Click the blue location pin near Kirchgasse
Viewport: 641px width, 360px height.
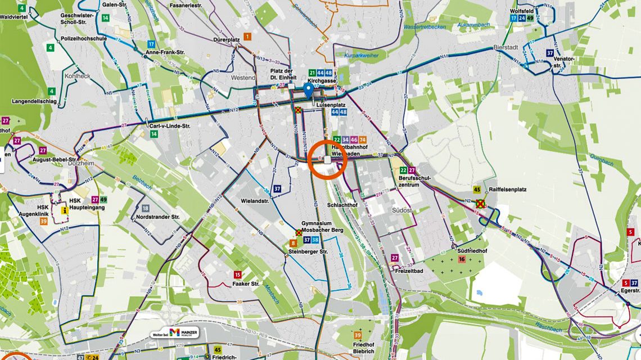point(308,89)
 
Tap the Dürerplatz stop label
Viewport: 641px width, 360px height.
point(227,40)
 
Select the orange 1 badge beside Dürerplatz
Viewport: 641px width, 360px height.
point(247,37)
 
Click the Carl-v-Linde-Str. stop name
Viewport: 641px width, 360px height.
point(170,126)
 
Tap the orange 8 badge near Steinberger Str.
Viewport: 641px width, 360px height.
point(294,243)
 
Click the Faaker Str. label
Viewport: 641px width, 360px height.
point(246,284)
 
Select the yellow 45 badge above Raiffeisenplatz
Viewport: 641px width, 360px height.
point(477,190)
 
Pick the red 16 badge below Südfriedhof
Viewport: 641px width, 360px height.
point(461,259)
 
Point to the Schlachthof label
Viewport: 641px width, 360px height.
point(342,205)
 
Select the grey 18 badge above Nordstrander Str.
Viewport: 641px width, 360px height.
point(146,208)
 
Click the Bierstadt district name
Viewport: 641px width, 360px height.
point(504,48)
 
